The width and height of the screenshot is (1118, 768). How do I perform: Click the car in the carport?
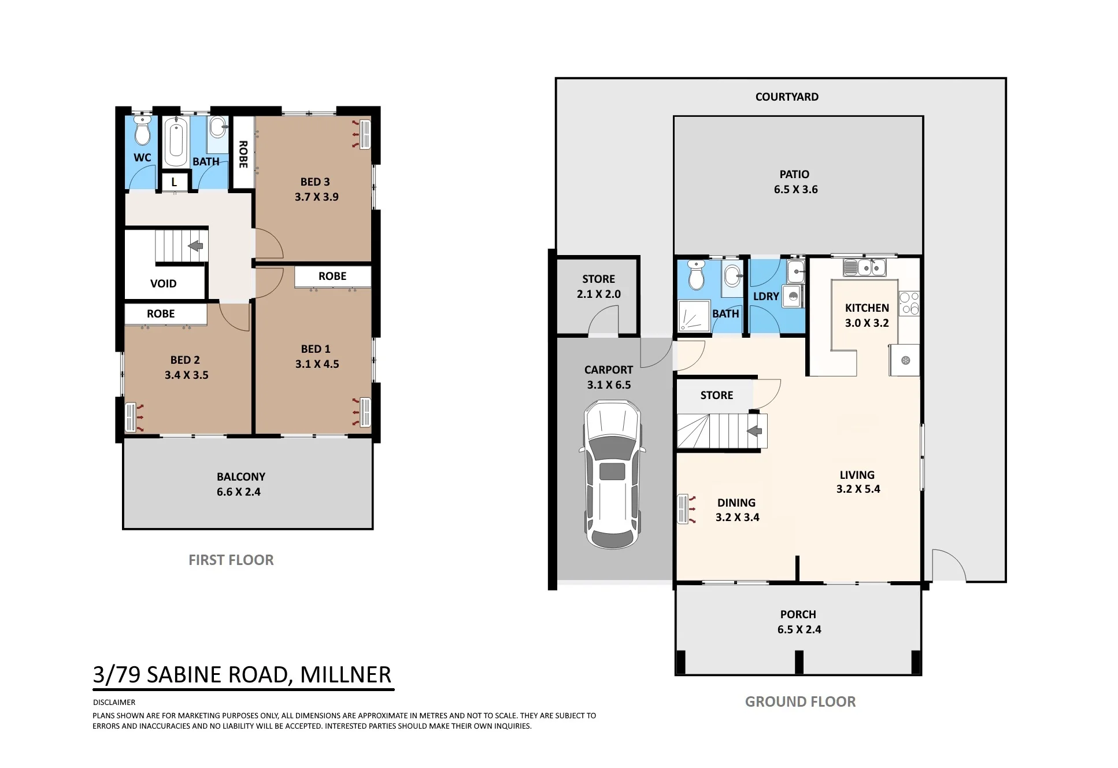point(612,474)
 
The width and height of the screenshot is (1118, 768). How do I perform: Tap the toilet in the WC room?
point(142,130)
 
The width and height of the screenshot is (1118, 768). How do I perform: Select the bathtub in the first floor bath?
point(176,142)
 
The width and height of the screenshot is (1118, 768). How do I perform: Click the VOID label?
point(164,283)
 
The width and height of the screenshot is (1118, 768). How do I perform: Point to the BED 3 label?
point(315,182)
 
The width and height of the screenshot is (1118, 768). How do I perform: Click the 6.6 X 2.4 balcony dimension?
point(239,492)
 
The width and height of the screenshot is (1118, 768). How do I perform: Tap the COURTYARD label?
point(787,97)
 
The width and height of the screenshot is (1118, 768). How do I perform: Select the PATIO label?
point(794,174)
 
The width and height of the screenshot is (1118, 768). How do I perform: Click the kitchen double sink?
point(865,267)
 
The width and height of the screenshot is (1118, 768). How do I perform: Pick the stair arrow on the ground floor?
point(754,431)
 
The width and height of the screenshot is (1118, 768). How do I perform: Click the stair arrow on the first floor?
point(195,246)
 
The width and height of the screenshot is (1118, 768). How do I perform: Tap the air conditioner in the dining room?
point(683,509)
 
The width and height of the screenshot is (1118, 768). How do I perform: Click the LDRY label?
point(766,296)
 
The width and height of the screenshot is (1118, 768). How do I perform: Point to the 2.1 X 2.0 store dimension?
point(599,294)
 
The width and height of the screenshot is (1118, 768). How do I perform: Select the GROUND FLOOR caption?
point(801,701)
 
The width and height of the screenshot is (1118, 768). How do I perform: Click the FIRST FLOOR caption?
point(231,560)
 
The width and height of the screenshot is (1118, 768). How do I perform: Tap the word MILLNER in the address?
point(346,674)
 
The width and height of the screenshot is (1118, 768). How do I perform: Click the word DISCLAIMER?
point(114,702)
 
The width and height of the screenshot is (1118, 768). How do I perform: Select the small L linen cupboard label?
point(174,182)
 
